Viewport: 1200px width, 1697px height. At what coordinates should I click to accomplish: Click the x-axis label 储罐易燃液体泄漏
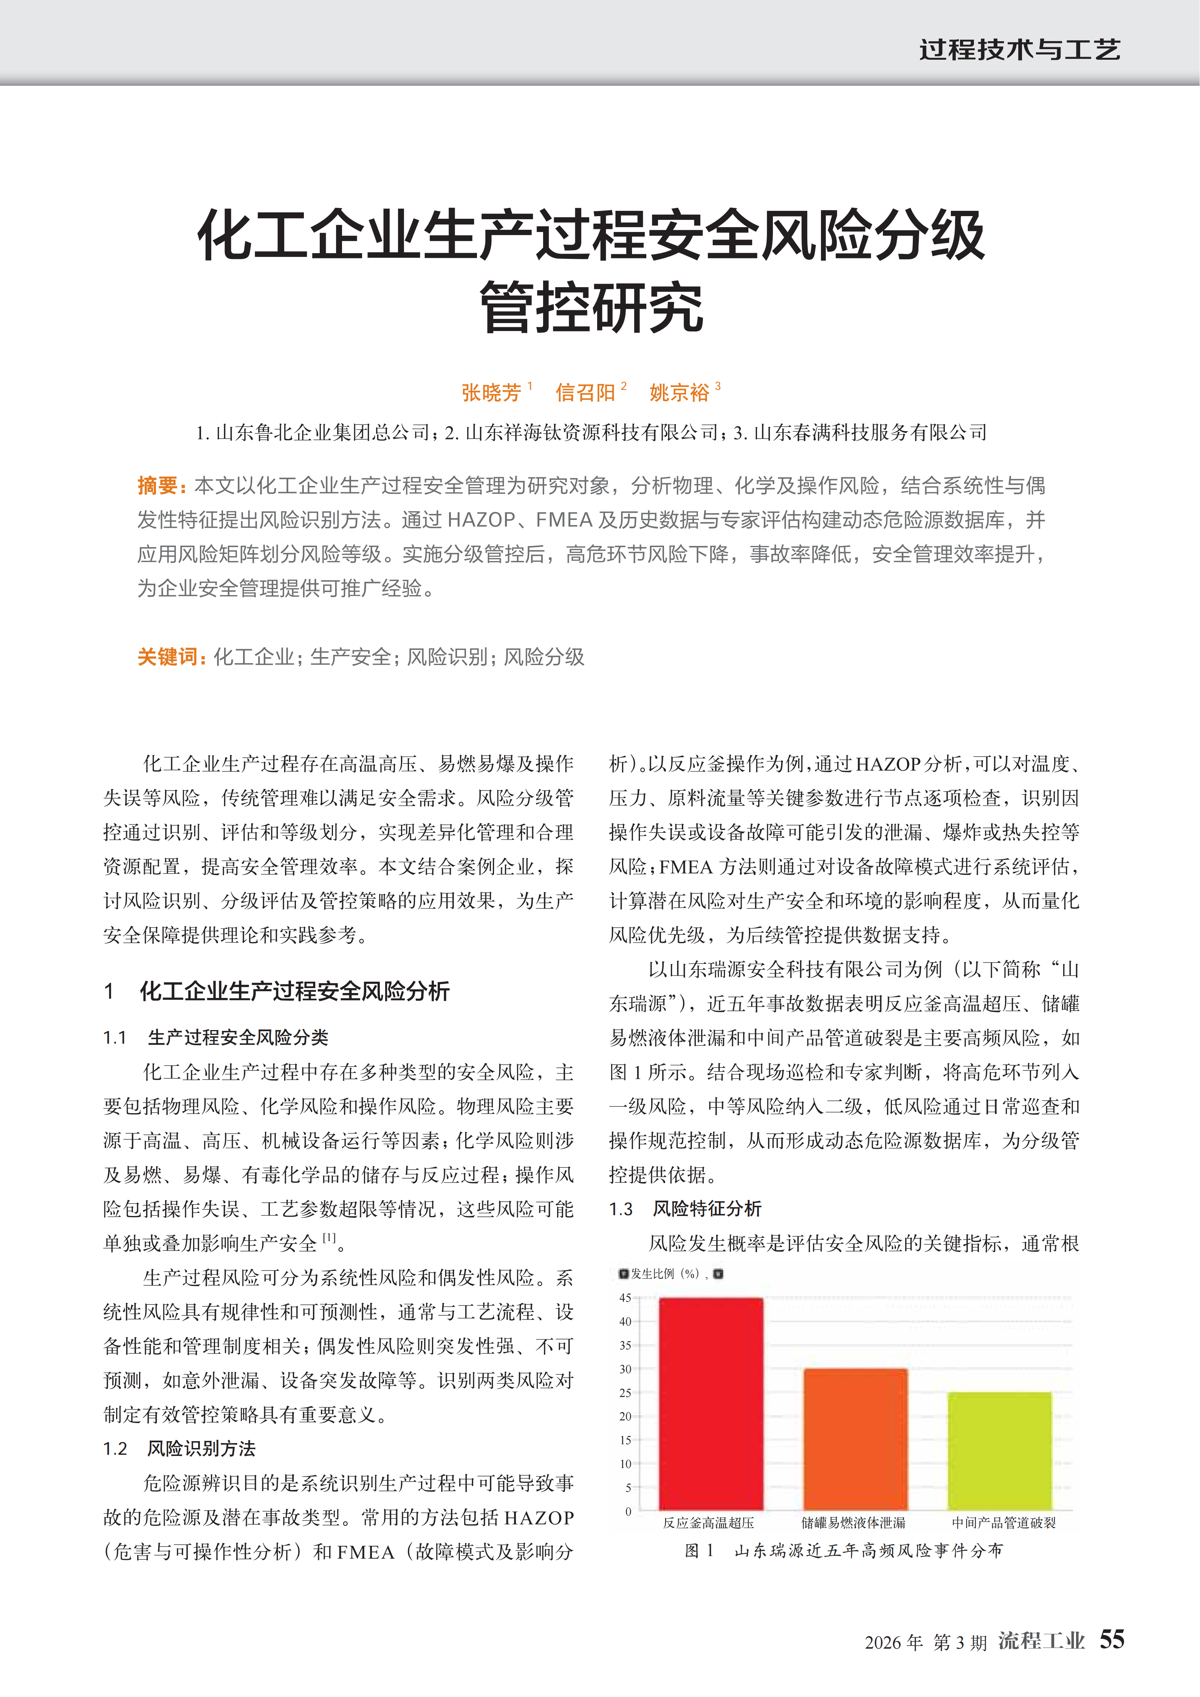(x=853, y=1522)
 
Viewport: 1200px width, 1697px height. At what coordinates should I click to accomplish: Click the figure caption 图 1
(x=699, y=1551)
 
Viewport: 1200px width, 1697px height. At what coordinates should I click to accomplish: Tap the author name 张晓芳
(x=491, y=393)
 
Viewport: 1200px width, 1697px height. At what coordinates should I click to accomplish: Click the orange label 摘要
(x=158, y=486)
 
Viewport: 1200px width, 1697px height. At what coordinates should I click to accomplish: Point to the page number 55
(x=1111, y=1639)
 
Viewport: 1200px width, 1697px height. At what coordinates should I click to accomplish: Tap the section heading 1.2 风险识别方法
(x=180, y=1448)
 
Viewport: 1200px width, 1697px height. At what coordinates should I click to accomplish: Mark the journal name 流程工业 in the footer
(x=1041, y=1641)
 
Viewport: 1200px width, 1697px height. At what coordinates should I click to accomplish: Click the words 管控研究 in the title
(x=591, y=307)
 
